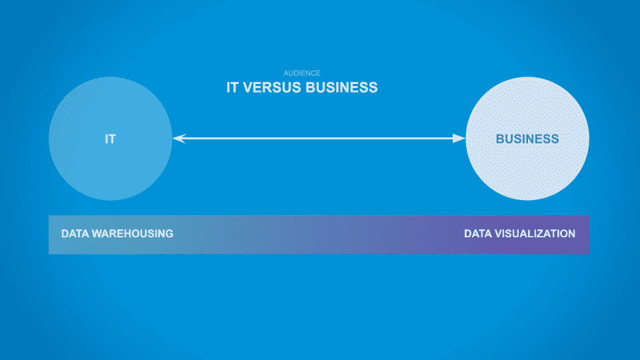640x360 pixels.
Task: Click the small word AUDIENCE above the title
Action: [302, 73]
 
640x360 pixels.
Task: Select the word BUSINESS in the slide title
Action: [341, 87]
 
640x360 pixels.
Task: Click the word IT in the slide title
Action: [232, 87]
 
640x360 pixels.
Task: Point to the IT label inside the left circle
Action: [110, 139]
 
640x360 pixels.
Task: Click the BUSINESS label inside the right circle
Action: [527, 139]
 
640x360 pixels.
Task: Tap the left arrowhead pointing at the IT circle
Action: [179, 139]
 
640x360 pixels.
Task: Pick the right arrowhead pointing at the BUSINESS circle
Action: [459, 139]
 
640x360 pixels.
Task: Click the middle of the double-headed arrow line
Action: [319, 139]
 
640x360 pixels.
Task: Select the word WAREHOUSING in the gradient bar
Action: [133, 233]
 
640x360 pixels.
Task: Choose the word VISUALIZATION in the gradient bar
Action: [535, 233]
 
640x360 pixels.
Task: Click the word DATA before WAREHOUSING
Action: [75, 233]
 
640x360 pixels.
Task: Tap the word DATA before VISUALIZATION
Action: [478, 233]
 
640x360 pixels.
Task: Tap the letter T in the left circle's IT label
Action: [112, 139]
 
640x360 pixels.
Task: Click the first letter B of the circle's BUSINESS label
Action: [500, 139]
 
